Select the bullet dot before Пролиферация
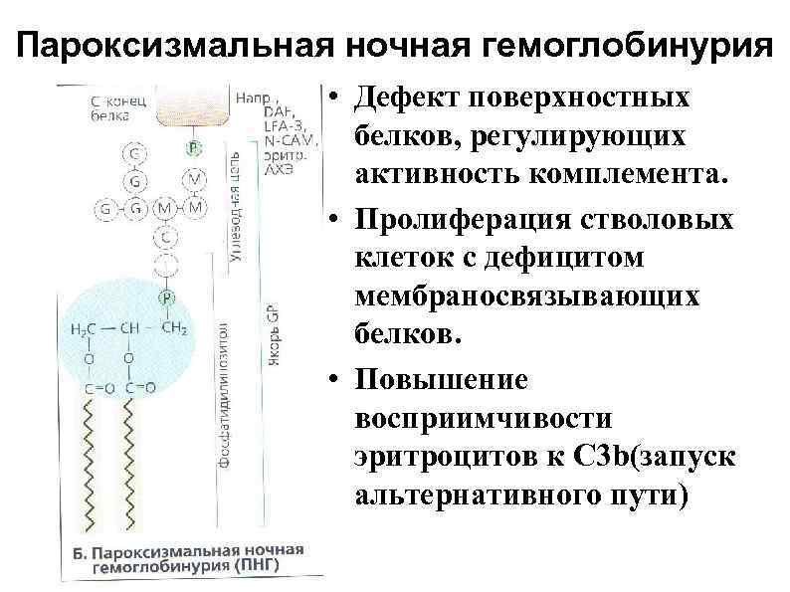coord(339,218)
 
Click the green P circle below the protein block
coord(193,148)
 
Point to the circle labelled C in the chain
coord(164,237)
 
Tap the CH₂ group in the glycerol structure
coord(174,329)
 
